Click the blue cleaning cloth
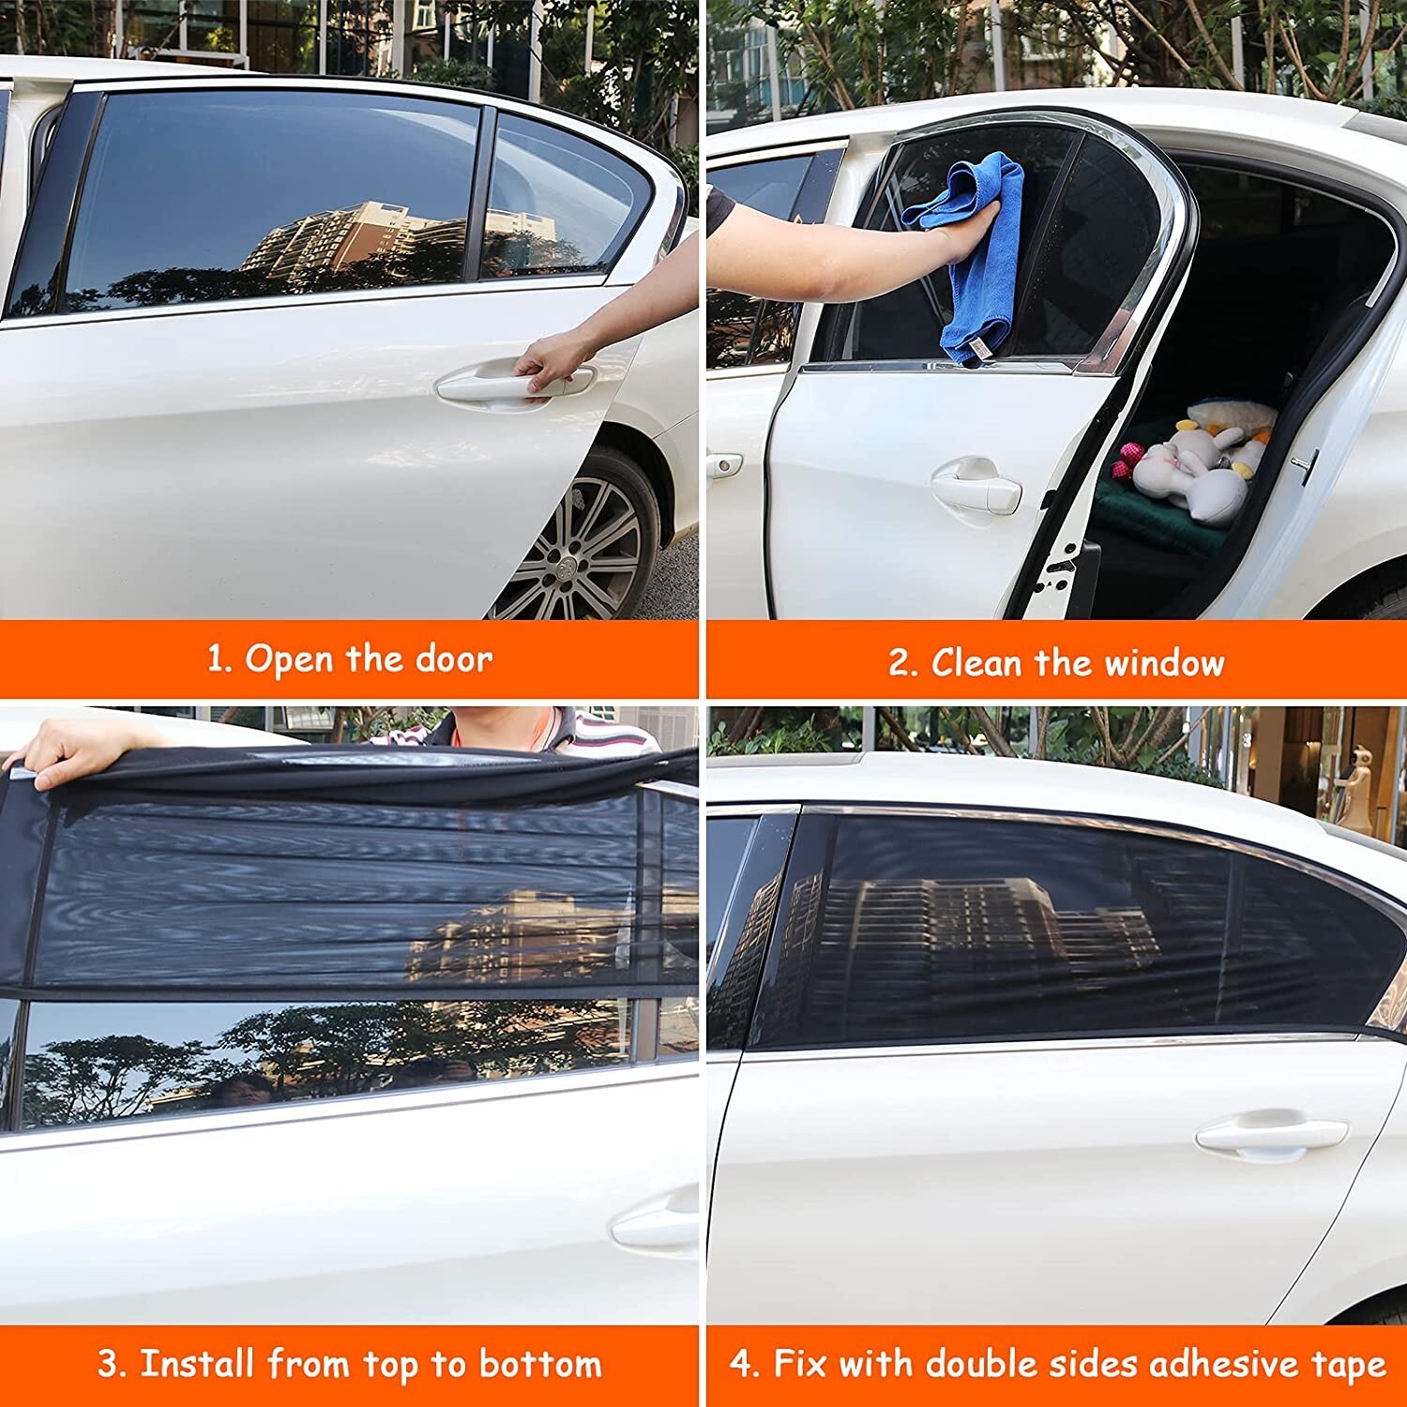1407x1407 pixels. pos(976,253)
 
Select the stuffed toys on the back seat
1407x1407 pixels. pos(1196,460)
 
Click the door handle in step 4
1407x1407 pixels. pos(1270,1136)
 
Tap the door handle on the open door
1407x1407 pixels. pos(976,484)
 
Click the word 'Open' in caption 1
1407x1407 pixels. pos(290,659)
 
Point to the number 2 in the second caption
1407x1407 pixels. pos(901,664)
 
